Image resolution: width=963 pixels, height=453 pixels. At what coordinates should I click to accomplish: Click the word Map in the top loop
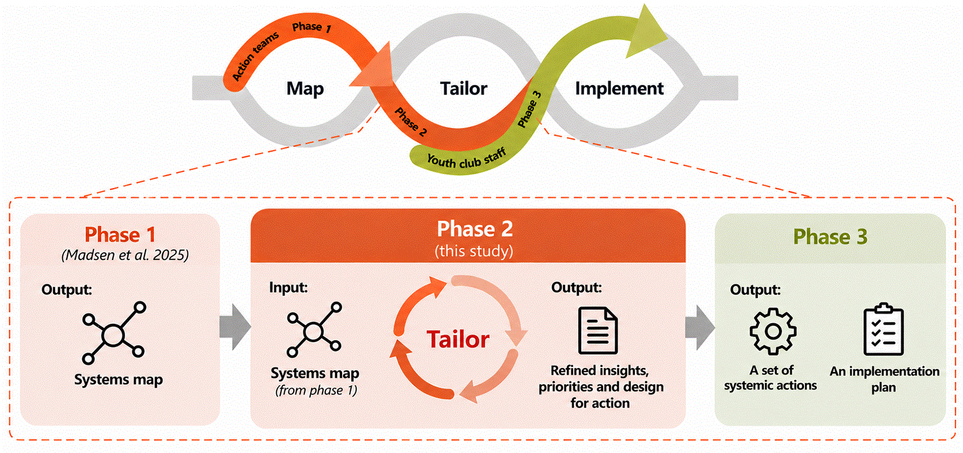(305, 89)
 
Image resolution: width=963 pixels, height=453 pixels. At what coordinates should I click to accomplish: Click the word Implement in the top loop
(619, 88)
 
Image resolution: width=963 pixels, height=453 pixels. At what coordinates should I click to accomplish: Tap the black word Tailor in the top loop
(464, 88)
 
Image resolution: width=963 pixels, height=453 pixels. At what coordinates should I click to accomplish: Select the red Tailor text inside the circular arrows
(458, 339)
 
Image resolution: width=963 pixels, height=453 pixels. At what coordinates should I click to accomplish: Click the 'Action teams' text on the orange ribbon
(255, 56)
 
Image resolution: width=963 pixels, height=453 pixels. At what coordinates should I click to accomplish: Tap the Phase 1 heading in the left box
(119, 235)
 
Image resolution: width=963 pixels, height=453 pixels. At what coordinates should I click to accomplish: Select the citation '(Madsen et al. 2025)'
(125, 255)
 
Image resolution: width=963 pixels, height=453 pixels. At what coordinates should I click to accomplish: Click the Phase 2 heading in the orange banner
(474, 229)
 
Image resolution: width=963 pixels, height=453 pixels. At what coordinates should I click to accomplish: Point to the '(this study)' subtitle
(474, 251)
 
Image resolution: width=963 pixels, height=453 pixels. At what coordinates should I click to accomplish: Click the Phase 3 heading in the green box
(830, 236)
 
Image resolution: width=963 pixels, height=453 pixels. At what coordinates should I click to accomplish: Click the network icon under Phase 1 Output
(114, 333)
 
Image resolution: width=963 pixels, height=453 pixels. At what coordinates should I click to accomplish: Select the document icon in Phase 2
(598, 330)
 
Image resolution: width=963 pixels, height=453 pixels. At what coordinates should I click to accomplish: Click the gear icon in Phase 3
(773, 331)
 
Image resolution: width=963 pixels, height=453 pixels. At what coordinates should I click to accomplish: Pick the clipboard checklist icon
(884, 329)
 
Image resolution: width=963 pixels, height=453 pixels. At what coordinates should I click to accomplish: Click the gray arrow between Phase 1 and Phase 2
(235, 327)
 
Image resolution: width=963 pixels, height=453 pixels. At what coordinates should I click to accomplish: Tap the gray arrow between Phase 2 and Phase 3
(700, 328)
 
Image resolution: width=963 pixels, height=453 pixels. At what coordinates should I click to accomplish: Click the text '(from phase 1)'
(316, 390)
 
